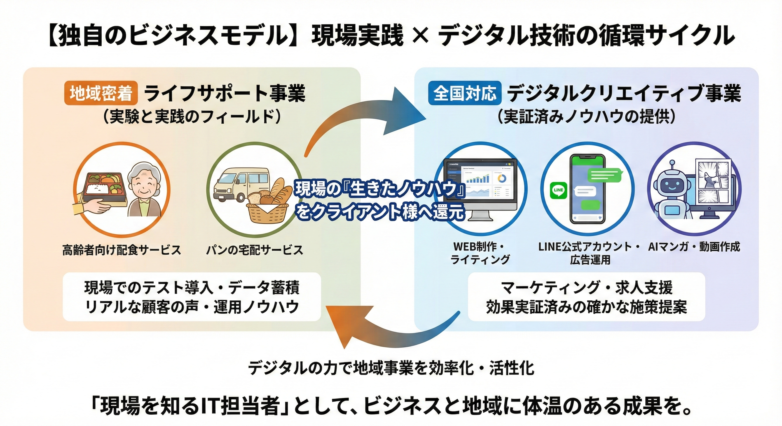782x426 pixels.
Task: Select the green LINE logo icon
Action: (x=558, y=190)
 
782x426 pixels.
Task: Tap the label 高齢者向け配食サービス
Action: (x=121, y=250)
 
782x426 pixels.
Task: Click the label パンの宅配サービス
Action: (x=254, y=250)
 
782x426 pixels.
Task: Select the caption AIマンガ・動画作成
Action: (x=694, y=247)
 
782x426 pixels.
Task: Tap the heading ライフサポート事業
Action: (x=225, y=93)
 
